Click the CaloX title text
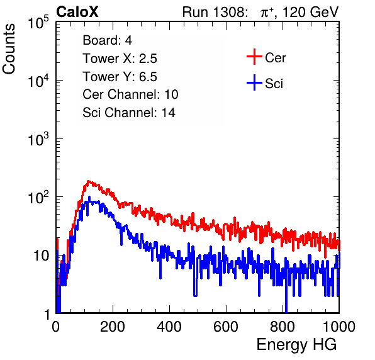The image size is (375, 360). coord(77,11)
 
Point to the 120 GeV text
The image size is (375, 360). coord(310,12)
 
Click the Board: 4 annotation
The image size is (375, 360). coord(107,40)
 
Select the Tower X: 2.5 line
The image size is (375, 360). coord(120,59)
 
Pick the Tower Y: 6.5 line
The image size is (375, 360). coord(120,77)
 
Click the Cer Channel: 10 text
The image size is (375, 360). coord(130,94)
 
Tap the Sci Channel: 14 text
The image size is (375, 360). coord(129,113)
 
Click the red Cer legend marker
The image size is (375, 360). coord(254,57)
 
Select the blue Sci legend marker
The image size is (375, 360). coord(254,82)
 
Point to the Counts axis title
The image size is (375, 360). coord(9,49)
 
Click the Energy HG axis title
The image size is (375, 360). coord(296,345)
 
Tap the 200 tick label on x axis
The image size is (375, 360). coord(113,327)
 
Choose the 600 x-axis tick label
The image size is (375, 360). coord(226,327)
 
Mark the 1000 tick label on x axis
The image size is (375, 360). coord(339,327)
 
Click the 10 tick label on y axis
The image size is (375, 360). coord(41,256)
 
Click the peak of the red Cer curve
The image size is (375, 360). coord(88,181)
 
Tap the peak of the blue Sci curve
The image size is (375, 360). coord(89,197)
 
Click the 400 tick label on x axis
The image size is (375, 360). coord(169,327)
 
